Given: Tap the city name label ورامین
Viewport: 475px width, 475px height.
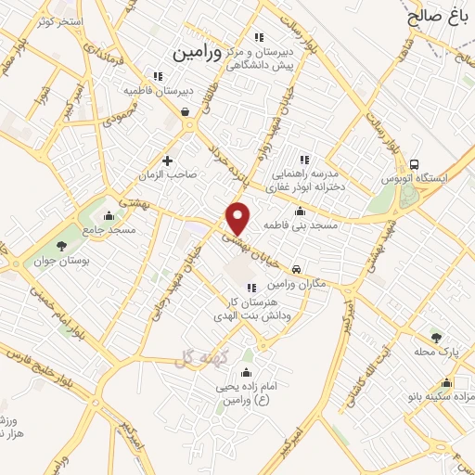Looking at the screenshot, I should pyautogui.click(x=198, y=53).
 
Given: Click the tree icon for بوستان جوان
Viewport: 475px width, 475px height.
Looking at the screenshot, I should pyautogui.click(x=61, y=246).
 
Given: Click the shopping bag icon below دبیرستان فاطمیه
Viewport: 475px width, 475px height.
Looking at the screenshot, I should pyautogui.click(x=186, y=112).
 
